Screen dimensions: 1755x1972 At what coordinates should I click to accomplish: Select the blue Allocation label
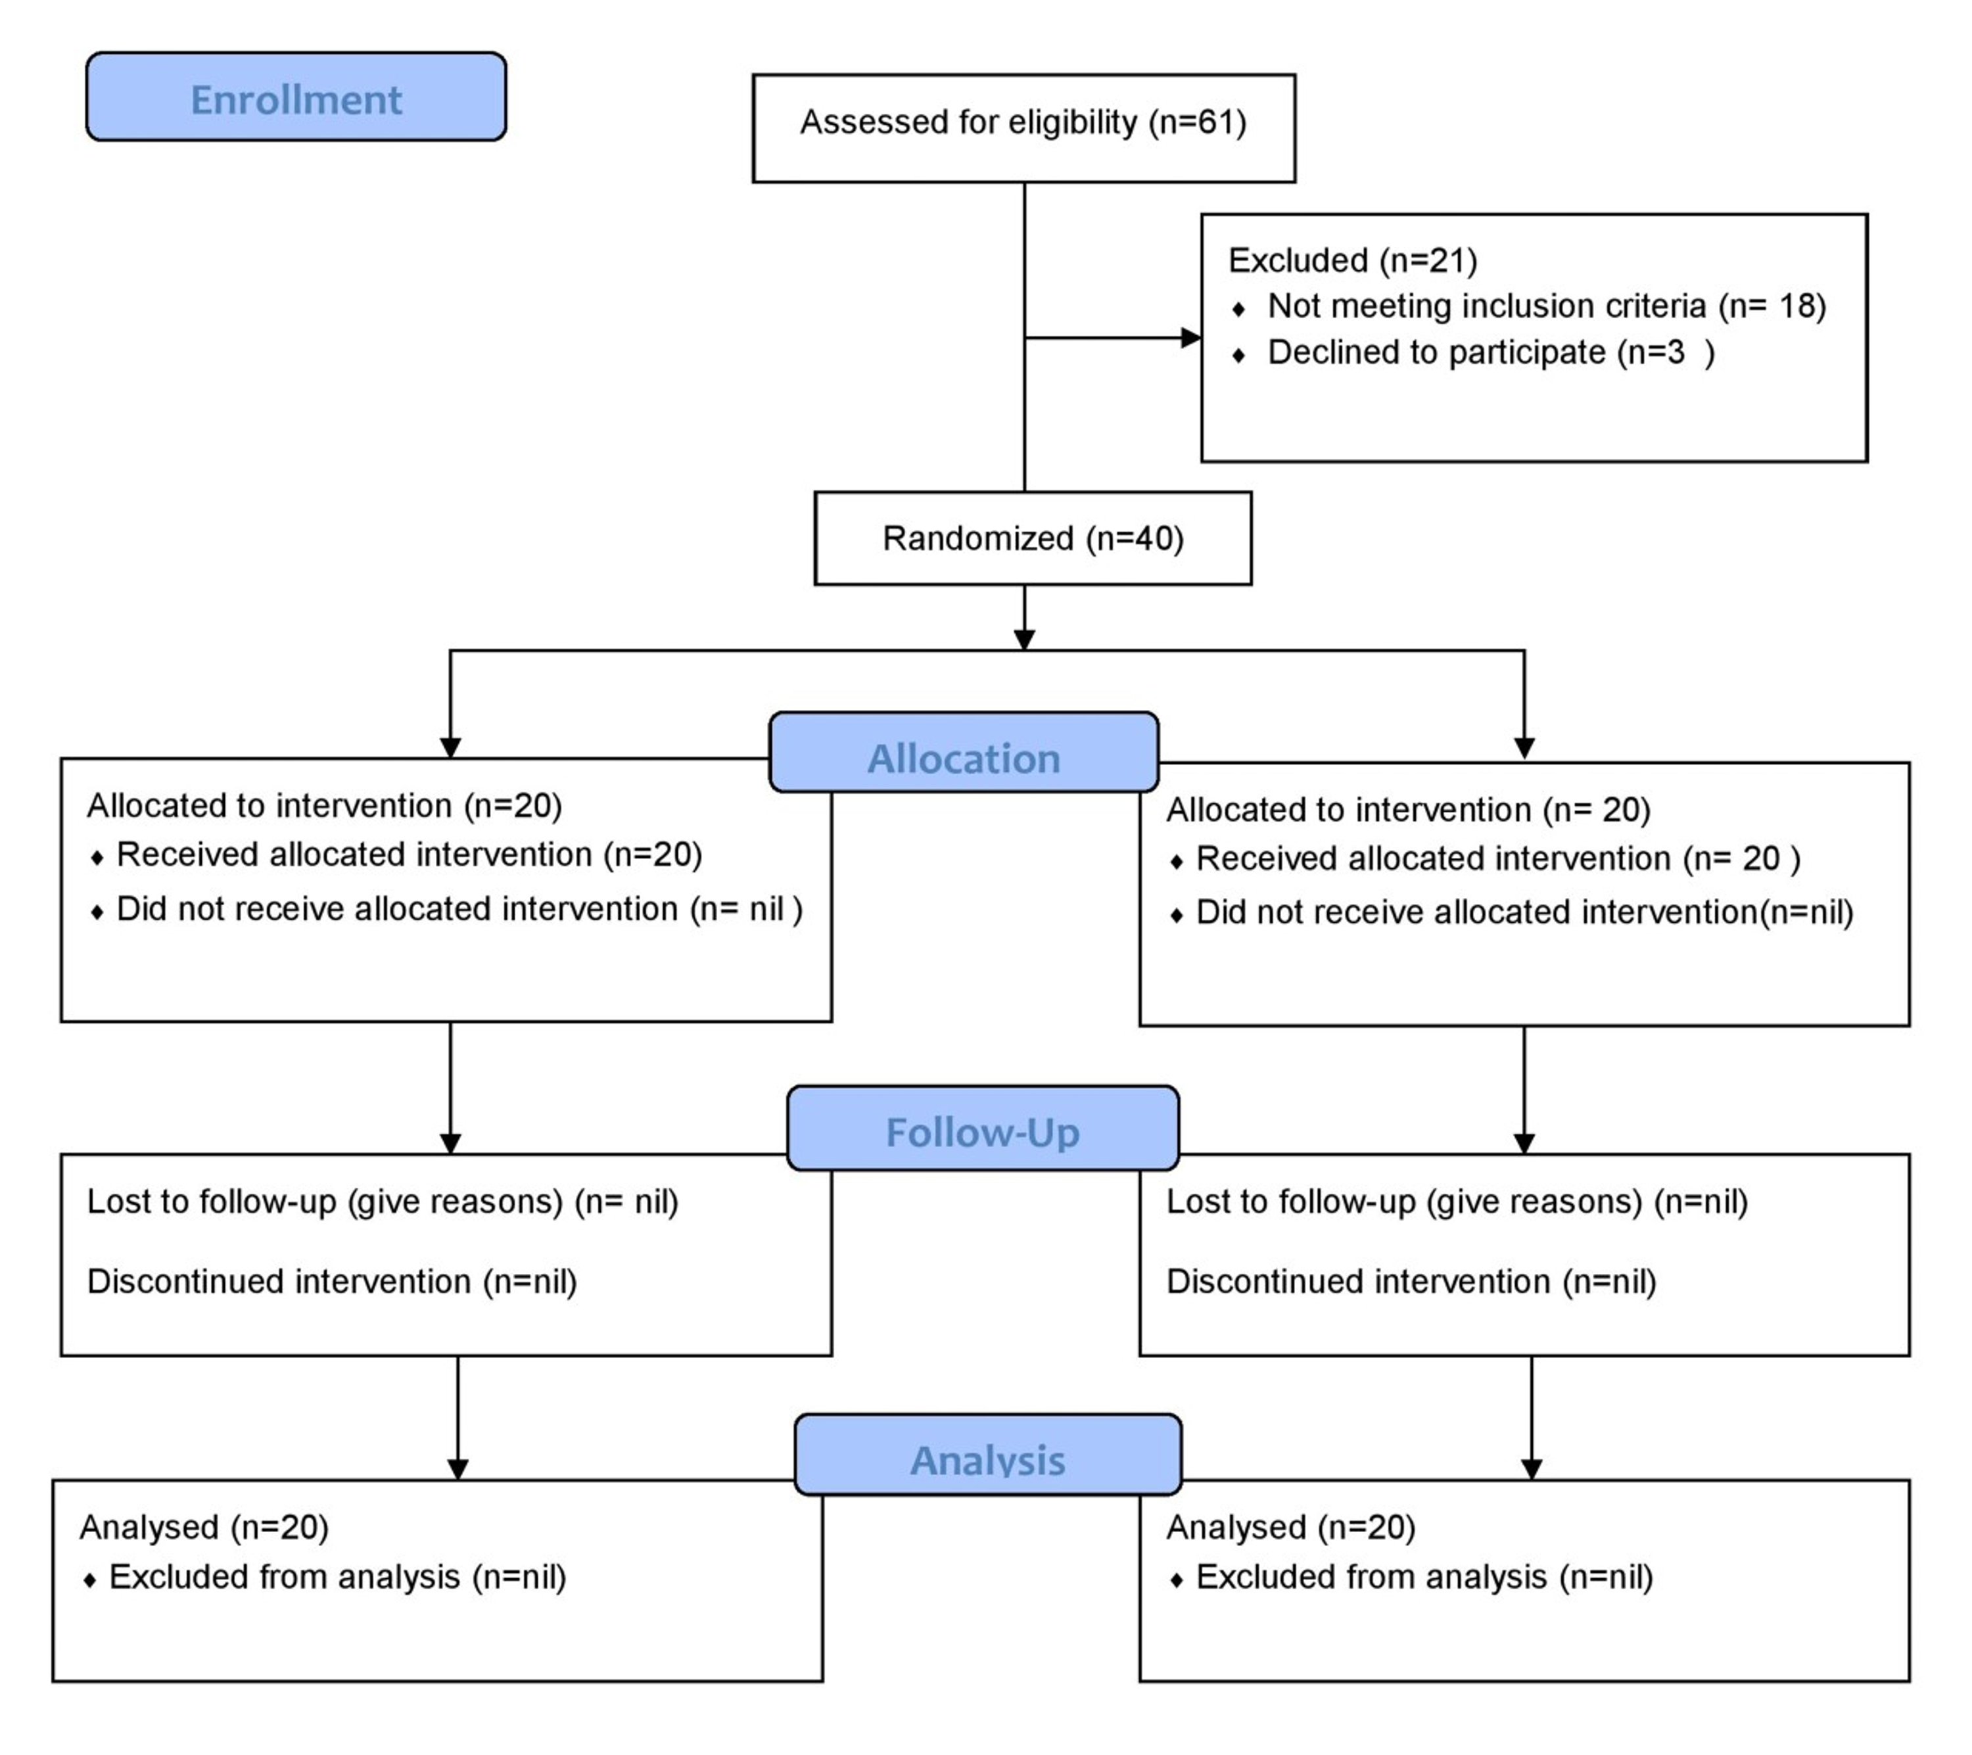click(x=963, y=759)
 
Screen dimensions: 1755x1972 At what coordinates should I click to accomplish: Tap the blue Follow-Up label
click(x=981, y=1132)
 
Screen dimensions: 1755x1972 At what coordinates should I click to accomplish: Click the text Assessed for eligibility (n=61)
click(x=1023, y=122)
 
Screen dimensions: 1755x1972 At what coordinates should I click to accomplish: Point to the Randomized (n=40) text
click(x=1032, y=538)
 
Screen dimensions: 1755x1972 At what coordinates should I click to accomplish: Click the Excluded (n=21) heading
click(x=1351, y=260)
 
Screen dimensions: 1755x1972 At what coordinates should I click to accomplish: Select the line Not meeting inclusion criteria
click(x=1545, y=306)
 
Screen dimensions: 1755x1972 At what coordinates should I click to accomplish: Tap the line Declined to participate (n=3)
click(x=1490, y=352)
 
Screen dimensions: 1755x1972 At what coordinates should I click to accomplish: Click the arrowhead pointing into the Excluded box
click(x=1192, y=338)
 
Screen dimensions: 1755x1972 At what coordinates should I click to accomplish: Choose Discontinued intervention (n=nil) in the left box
click(x=332, y=1281)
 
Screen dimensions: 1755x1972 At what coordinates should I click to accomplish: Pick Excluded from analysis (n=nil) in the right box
click(x=1424, y=1576)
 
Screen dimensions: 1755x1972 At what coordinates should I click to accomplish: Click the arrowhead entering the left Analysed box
click(x=458, y=1468)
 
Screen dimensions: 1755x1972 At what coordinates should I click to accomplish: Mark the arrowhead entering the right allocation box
click(x=1524, y=749)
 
